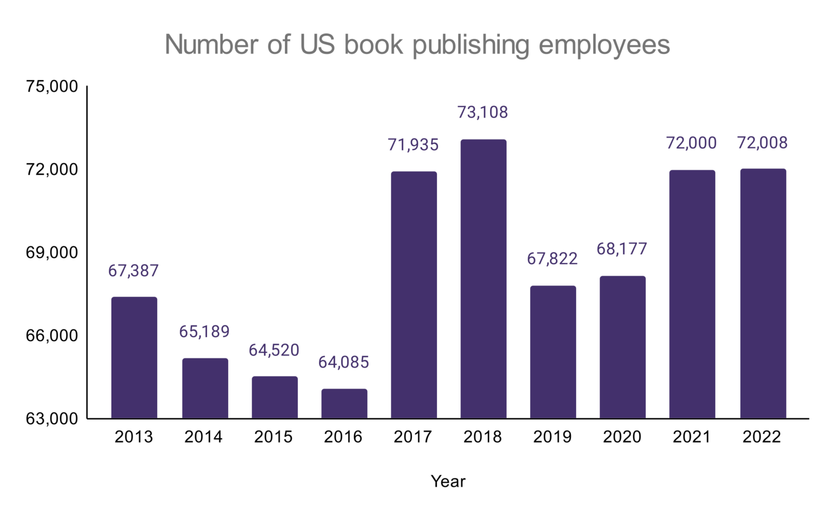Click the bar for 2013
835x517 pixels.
point(134,358)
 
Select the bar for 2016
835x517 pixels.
point(344,403)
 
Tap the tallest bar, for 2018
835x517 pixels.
point(483,279)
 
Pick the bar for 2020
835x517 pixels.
point(622,347)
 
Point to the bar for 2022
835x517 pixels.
point(763,294)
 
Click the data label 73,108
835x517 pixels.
point(482,112)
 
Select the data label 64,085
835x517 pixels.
point(344,362)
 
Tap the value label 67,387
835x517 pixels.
point(133,270)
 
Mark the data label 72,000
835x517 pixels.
point(691,143)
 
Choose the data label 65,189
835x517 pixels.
point(204,332)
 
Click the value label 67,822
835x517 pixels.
point(552,259)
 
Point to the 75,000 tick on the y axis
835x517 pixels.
point(52,86)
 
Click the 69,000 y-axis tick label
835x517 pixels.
point(52,253)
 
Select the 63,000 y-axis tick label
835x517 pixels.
point(52,419)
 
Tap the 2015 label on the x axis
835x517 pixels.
point(273,437)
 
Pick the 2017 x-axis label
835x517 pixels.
point(413,437)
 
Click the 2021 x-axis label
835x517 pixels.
point(691,437)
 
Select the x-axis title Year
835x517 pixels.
point(448,481)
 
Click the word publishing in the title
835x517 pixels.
point(471,45)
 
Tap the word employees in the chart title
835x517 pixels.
point(604,45)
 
